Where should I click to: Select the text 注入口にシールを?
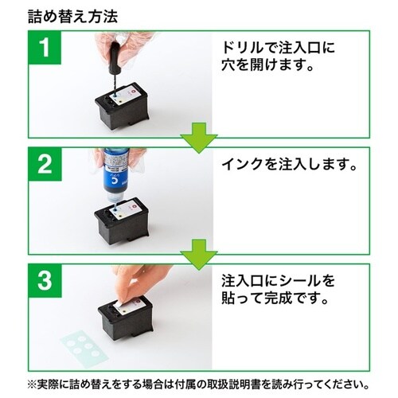(x=279, y=283)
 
